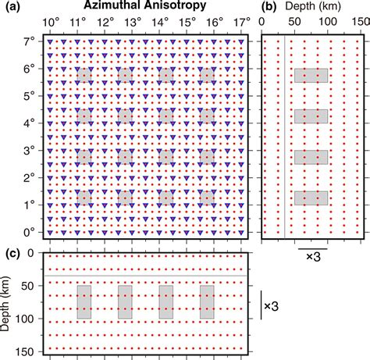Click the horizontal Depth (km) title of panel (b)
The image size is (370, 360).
(x=316, y=7)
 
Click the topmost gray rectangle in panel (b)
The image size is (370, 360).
(x=311, y=76)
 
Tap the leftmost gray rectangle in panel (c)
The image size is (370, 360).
(x=84, y=302)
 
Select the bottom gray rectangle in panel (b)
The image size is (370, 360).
(x=311, y=198)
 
